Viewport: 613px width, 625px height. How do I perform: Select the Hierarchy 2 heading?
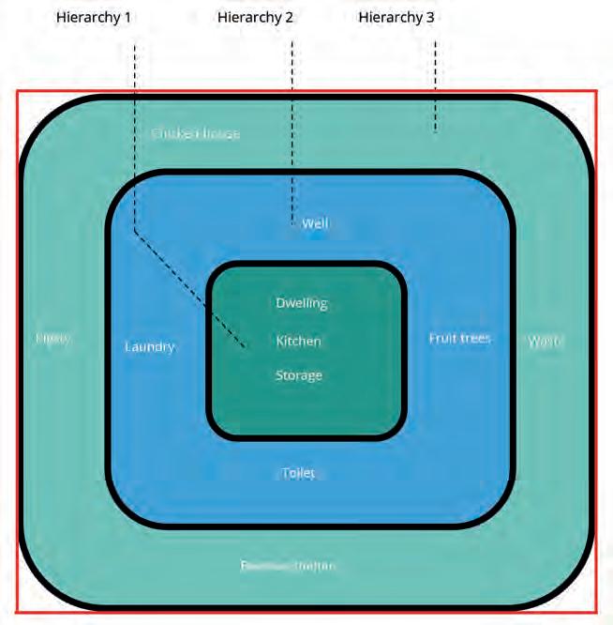pos(255,17)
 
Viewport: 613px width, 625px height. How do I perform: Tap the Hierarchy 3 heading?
pos(396,17)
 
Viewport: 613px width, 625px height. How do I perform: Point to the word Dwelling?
pos(302,303)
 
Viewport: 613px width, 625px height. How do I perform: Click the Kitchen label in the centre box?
pos(298,341)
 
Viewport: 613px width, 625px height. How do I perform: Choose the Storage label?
pos(298,375)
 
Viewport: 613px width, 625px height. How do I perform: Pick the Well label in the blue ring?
pos(315,223)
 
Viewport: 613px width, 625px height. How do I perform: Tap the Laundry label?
pos(150,346)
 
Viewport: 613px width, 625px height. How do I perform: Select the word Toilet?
pos(299,473)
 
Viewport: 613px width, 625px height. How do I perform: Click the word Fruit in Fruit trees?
pos(442,338)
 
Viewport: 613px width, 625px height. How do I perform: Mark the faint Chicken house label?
pos(196,133)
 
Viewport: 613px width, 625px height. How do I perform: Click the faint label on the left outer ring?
pos(52,338)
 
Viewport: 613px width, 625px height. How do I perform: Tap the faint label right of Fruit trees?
pos(546,341)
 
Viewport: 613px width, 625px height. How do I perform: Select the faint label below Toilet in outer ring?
pos(287,566)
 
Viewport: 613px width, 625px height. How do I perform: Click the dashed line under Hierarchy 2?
pos(292,122)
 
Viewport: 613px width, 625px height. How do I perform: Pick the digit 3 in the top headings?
pos(430,17)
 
